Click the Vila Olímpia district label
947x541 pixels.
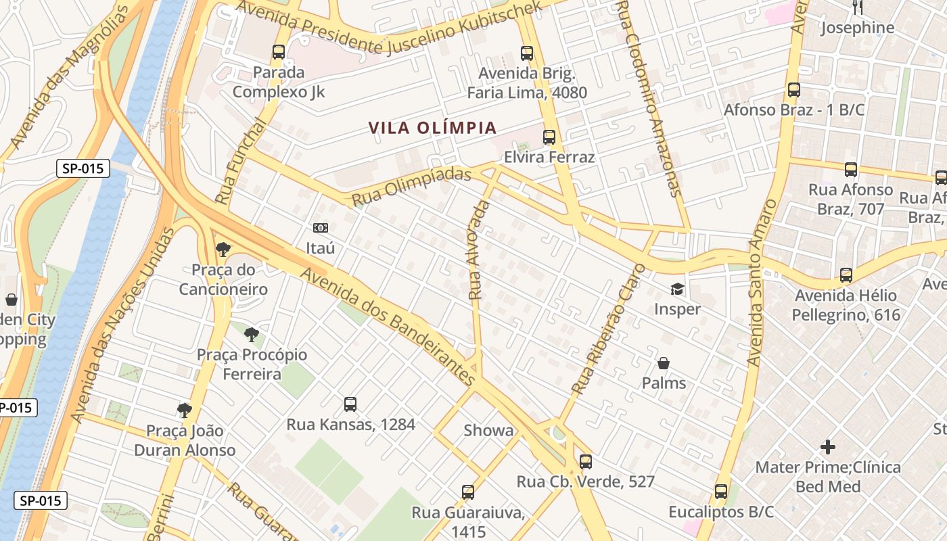(433, 128)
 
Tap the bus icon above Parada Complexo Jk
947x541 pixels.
(278, 52)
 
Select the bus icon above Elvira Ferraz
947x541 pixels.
(549, 137)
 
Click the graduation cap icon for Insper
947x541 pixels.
(677, 289)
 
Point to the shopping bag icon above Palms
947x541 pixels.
(664, 364)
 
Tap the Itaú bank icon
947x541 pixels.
(320, 228)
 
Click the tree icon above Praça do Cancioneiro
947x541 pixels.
(223, 250)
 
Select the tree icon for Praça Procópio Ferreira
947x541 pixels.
(251, 334)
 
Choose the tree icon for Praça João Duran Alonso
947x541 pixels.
(184, 410)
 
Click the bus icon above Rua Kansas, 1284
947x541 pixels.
(350, 404)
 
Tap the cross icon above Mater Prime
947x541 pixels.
(827, 447)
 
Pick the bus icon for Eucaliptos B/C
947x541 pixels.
(721, 492)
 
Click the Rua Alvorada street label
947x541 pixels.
(478, 250)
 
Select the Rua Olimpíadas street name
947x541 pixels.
(411, 187)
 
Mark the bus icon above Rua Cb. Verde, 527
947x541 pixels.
(586, 462)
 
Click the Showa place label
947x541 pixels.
(488, 431)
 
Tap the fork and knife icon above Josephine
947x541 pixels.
(857, 7)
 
